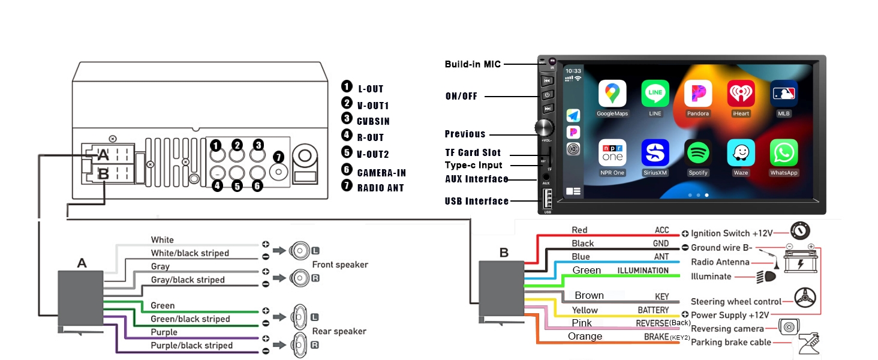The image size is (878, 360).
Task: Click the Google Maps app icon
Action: (612, 94)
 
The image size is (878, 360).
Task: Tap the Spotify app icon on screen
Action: (697, 153)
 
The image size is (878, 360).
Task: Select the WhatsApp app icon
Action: (783, 153)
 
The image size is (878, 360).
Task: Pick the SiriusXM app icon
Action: (655, 153)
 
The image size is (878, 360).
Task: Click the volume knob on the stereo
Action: (545, 127)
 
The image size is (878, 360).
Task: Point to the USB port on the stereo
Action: (547, 199)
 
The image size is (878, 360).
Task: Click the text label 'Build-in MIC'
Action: (473, 64)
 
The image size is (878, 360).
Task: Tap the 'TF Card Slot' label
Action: (473, 152)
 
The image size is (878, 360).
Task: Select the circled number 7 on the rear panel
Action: (278, 157)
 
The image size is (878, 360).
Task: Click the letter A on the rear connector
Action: (103, 155)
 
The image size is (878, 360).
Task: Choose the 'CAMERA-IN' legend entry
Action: (381, 173)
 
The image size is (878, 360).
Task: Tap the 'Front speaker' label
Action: (340, 265)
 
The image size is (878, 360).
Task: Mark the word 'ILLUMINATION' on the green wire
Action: (643, 271)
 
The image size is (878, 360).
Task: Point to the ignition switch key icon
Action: (801, 230)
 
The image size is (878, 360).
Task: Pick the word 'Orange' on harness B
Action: (585, 337)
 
